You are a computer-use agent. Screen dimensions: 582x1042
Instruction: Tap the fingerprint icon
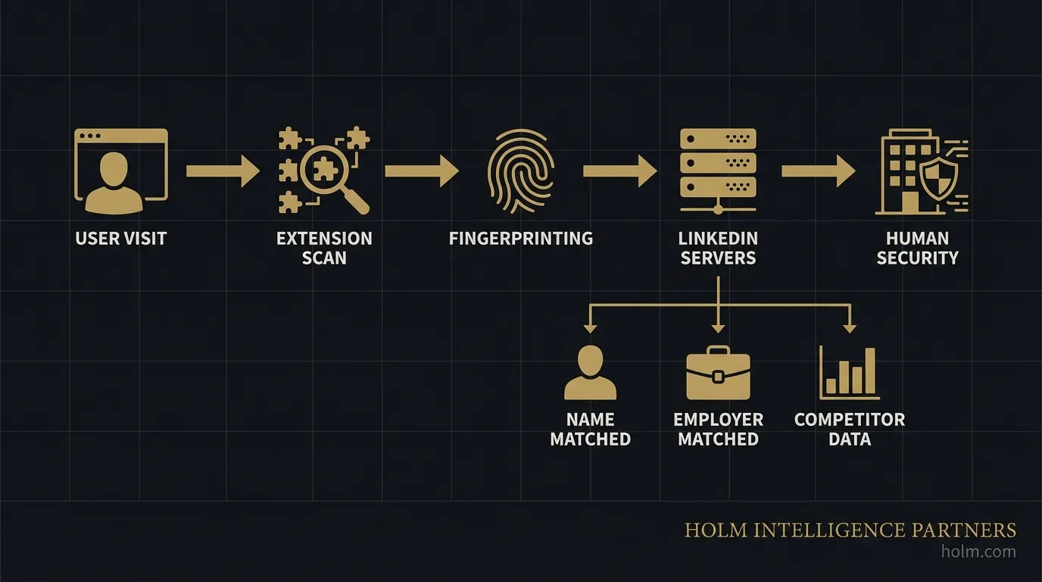tap(521, 171)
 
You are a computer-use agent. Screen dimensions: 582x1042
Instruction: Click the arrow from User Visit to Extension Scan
tap(223, 171)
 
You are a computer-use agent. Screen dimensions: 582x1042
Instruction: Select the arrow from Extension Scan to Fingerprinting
tap(421, 171)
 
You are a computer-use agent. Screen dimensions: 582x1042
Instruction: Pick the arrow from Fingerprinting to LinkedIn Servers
tap(619, 171)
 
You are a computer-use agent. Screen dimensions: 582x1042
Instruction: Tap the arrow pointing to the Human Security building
tap(818, 171)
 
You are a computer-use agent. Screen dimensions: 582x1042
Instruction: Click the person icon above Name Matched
tap(590, 373)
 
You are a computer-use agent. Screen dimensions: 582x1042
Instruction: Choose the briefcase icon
tap(718, 373)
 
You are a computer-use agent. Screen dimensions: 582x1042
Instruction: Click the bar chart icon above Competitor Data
tap(850, 373)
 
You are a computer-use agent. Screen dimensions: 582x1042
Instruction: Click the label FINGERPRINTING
tap(521, 238)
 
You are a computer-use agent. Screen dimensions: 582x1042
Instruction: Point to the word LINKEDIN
tap(718, 238)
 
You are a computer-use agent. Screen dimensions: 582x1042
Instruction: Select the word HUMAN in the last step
tap(917, 238)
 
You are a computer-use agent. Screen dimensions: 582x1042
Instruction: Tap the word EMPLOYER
tap(718, 419)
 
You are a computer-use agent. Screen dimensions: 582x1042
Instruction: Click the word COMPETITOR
tap(850, 419)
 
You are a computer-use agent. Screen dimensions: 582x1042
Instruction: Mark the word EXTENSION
tap(324, 238)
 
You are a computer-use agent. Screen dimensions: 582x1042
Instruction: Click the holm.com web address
tap(978, 552)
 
